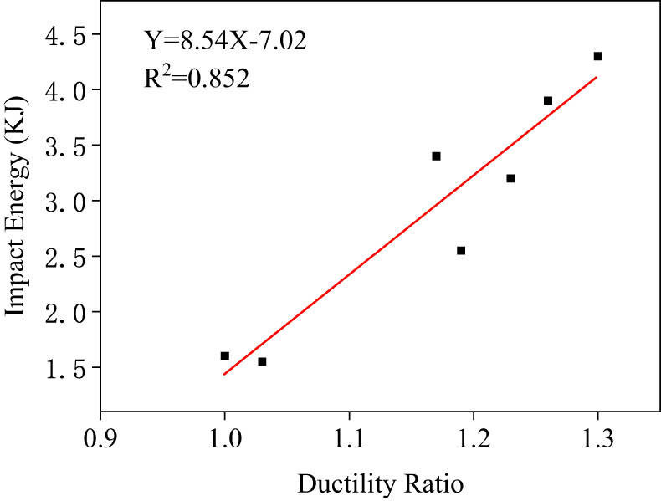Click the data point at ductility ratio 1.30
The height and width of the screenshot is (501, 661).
[597, 56]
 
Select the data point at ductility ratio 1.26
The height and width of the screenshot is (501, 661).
[548, 100]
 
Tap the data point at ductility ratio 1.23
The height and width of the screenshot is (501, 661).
[510, 178]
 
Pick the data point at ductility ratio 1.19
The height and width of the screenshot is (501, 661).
[461, 250]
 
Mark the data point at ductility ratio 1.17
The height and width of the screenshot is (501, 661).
[436, 156]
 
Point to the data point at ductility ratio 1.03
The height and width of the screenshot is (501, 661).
[262, 361]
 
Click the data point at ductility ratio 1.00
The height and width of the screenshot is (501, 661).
[224, 356]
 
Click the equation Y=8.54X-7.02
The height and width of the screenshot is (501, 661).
[225, 41]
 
